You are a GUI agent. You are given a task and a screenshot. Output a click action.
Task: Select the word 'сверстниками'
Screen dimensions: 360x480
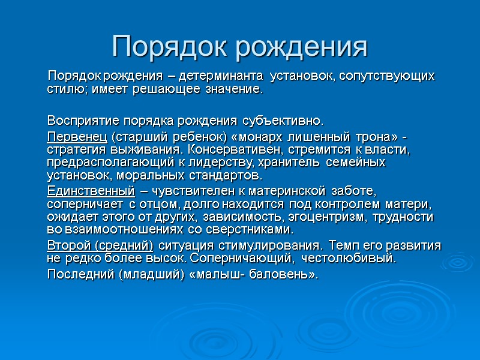245,230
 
